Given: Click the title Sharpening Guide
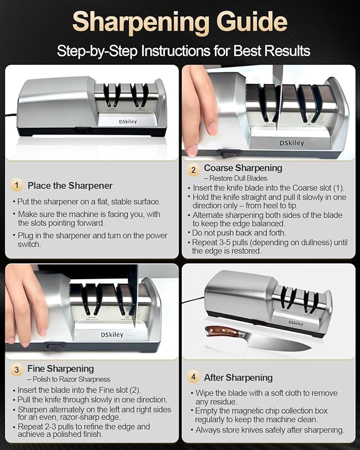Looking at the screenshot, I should coord(180,22).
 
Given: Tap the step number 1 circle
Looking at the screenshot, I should coord(17,185).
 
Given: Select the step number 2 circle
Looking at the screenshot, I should coord(194,171).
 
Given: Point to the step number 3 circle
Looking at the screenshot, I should coord(18,369).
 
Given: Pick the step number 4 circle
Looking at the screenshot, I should coord(194,377).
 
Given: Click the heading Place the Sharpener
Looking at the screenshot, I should coord(70,186).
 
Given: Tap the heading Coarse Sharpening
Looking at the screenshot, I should coord(243,168).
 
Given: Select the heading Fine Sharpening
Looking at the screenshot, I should coord(60,368).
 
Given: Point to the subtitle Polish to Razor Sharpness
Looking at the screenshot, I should coord(69,379).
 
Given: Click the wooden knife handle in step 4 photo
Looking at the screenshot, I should coord(219,332).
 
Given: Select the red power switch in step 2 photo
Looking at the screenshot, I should coord(228,155).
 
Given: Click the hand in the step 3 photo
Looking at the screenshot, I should coord(24,302).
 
